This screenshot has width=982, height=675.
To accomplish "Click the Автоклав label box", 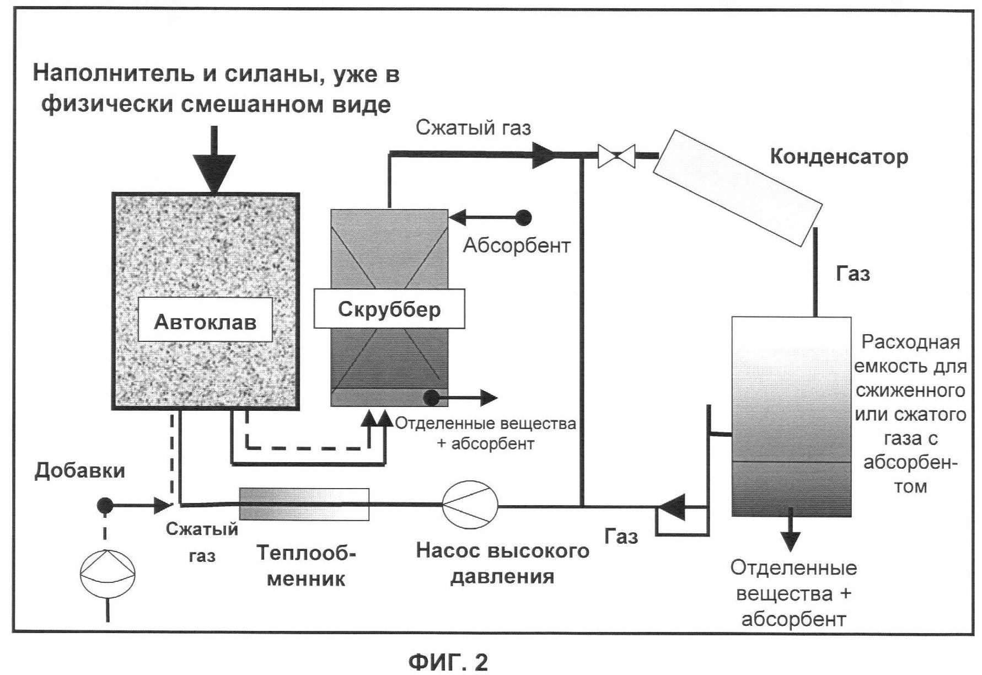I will click(205, 320).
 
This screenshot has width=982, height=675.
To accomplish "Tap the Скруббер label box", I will click(389, 309).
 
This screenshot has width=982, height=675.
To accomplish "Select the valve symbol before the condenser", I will click(617, 156).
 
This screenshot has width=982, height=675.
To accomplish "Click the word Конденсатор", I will click(839, 157).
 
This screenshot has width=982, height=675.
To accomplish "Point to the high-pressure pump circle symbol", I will click(470, 505).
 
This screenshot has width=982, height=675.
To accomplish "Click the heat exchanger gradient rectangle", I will click(304, 504).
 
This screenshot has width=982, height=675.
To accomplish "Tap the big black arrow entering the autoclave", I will click(214, 165).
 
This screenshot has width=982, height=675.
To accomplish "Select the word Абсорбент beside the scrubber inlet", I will click(517, 245).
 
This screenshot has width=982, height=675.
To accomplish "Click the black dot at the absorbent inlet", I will click(523, 218).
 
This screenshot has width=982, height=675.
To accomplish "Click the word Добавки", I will click(80, 470).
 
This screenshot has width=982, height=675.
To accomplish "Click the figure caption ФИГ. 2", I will click(448, 661).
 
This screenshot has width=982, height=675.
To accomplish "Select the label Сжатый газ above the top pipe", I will click(473, 128).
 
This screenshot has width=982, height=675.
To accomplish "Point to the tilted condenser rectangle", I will click(737, 187).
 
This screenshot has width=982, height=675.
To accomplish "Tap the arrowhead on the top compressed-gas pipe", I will click(543, 155).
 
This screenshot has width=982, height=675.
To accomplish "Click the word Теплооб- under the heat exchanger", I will click(306, 552).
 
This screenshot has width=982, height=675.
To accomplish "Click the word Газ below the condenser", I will click(852, 274).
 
